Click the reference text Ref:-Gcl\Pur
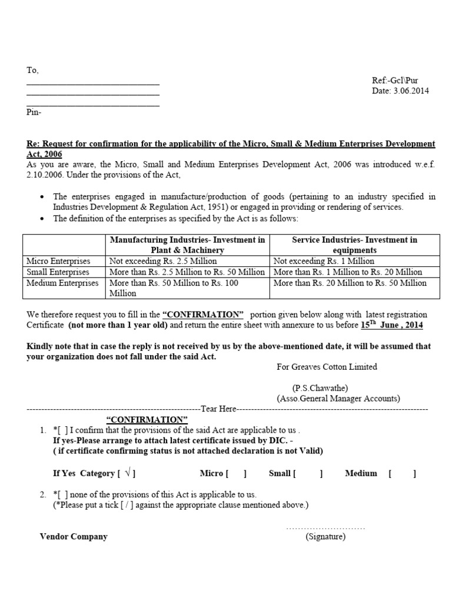coord(395,81)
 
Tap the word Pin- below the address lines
coord(34,112)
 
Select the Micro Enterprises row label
coord(58,261)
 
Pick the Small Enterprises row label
coord(58,272)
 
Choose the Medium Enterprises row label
coord(62,283)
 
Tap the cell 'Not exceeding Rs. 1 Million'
coord(324,261)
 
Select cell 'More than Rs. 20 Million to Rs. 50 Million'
coord(350,283)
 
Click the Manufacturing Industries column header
coord(188,245)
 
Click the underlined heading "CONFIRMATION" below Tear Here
coord(147,419)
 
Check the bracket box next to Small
coord(308,473)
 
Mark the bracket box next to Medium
coord(402,473)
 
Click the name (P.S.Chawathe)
coord(320,388)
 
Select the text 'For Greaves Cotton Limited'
coord(327,367)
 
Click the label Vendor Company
coord(74,536)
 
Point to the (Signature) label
coord(325,536)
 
